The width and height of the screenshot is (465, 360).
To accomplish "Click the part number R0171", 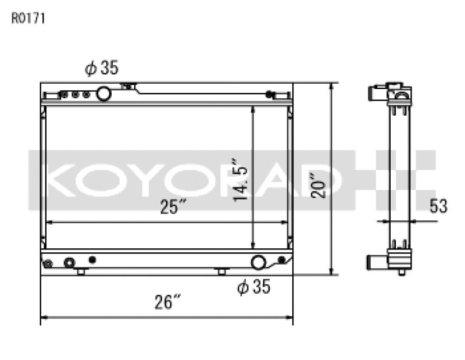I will [28, 18].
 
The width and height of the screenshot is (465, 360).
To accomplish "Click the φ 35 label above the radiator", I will [102, 69].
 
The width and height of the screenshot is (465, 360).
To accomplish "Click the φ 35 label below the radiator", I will [254, 287].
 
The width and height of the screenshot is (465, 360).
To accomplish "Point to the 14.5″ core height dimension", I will [241, 179].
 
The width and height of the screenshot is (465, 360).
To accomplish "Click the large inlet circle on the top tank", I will [104, 93].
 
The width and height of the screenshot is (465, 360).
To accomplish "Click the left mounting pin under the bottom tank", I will [81, 272].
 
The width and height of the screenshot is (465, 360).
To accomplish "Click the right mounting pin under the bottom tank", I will [221, 272].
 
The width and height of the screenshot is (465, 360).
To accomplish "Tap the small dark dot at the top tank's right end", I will [269, 94].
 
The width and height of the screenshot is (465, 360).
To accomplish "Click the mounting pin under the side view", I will [402, 272].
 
